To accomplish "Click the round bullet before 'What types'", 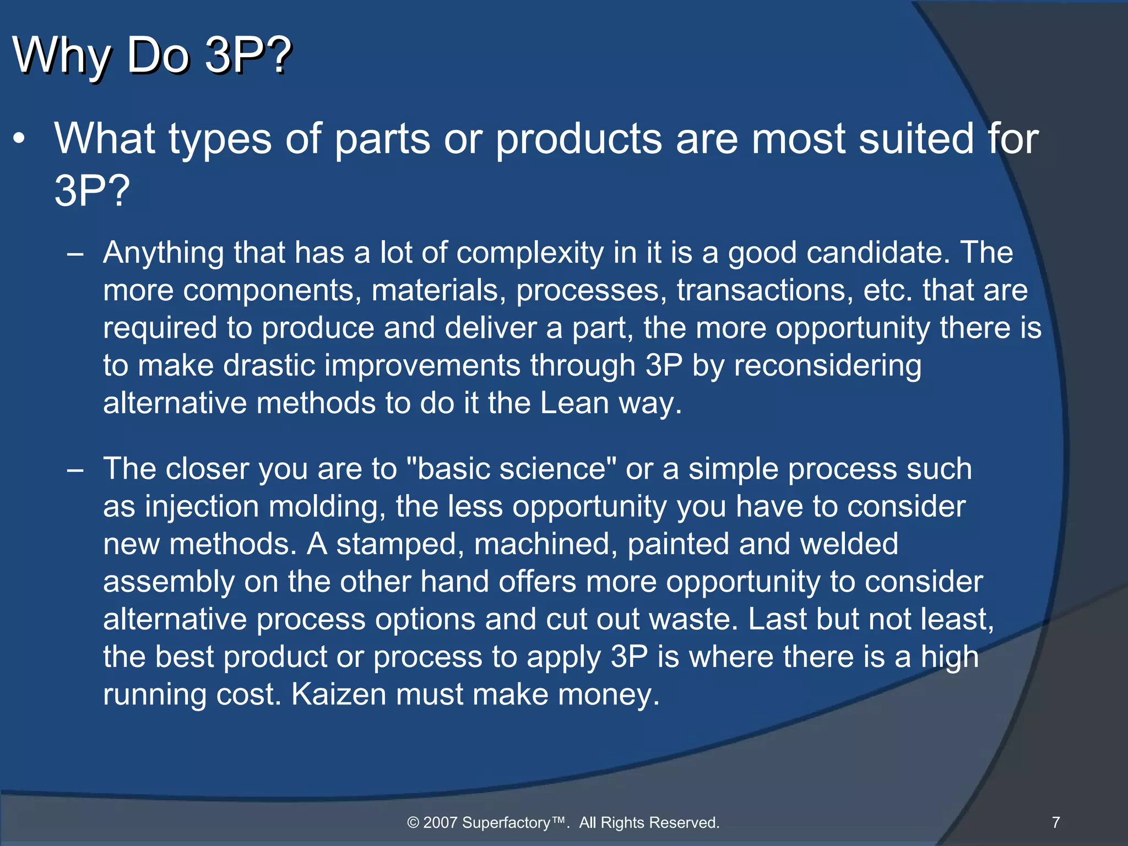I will click(20, 139).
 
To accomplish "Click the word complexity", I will click(530, 253).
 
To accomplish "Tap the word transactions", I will click(764, 290).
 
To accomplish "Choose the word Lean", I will click(574, 403).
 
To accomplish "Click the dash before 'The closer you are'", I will click(75, 470).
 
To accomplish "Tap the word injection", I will click(202, 507).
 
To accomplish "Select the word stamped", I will click(397, 544).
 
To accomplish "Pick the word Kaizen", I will click(338, 695).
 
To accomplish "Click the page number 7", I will click(1055, 822).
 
